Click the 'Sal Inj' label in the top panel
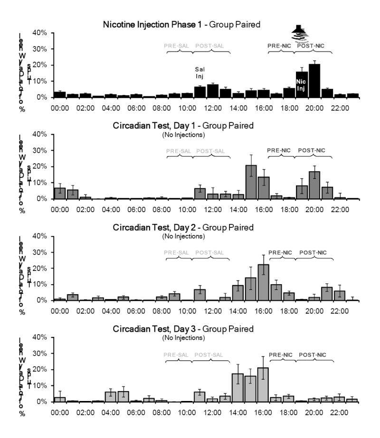(200, 73)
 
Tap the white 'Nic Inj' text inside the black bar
(302, 85)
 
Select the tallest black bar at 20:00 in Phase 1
(314, 81)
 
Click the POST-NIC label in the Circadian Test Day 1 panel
(312, 150)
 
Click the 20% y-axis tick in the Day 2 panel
(39, 269)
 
